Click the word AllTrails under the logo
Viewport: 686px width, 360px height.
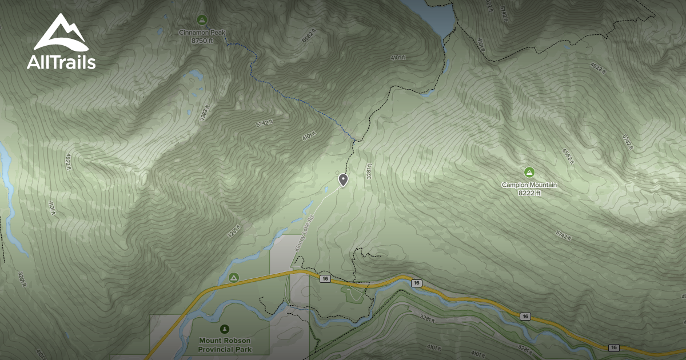[61, 62]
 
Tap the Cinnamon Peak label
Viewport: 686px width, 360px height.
[202, 33]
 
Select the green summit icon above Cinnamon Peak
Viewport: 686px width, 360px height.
[201, 19]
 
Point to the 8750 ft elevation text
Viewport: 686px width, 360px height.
[202, 41]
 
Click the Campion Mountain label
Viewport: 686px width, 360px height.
[529, 185]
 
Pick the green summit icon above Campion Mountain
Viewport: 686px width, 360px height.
[529, 171]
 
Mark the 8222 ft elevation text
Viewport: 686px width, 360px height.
[529, 193]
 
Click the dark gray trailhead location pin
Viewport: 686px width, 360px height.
[343, 179]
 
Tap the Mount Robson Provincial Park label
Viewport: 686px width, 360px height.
[225, 345]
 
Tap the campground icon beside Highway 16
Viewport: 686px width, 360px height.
[233, 277]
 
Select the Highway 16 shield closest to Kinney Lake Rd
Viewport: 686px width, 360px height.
[325, 278]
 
